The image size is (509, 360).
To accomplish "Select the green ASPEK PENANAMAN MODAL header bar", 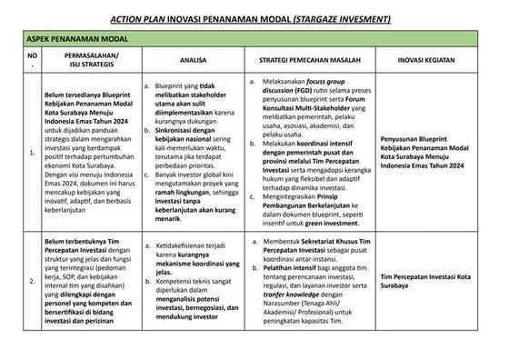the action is coord(254,40).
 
